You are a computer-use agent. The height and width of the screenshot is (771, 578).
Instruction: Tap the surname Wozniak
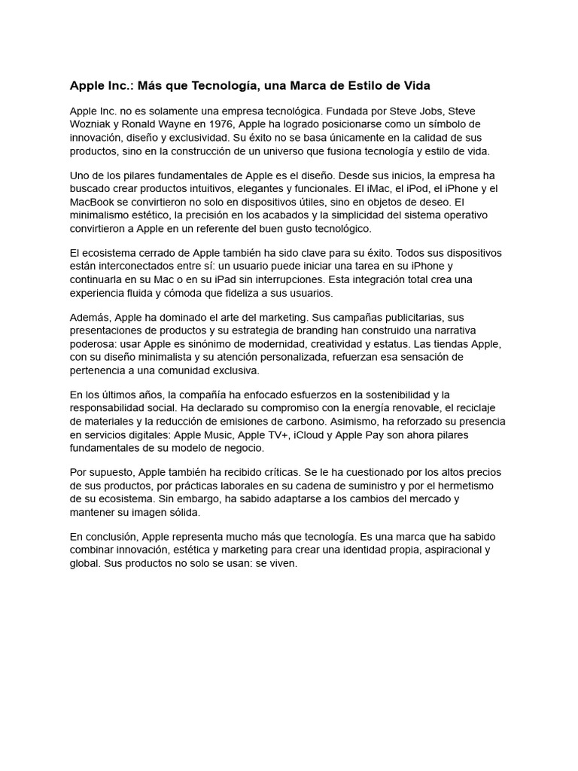click(x=93, y=124)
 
